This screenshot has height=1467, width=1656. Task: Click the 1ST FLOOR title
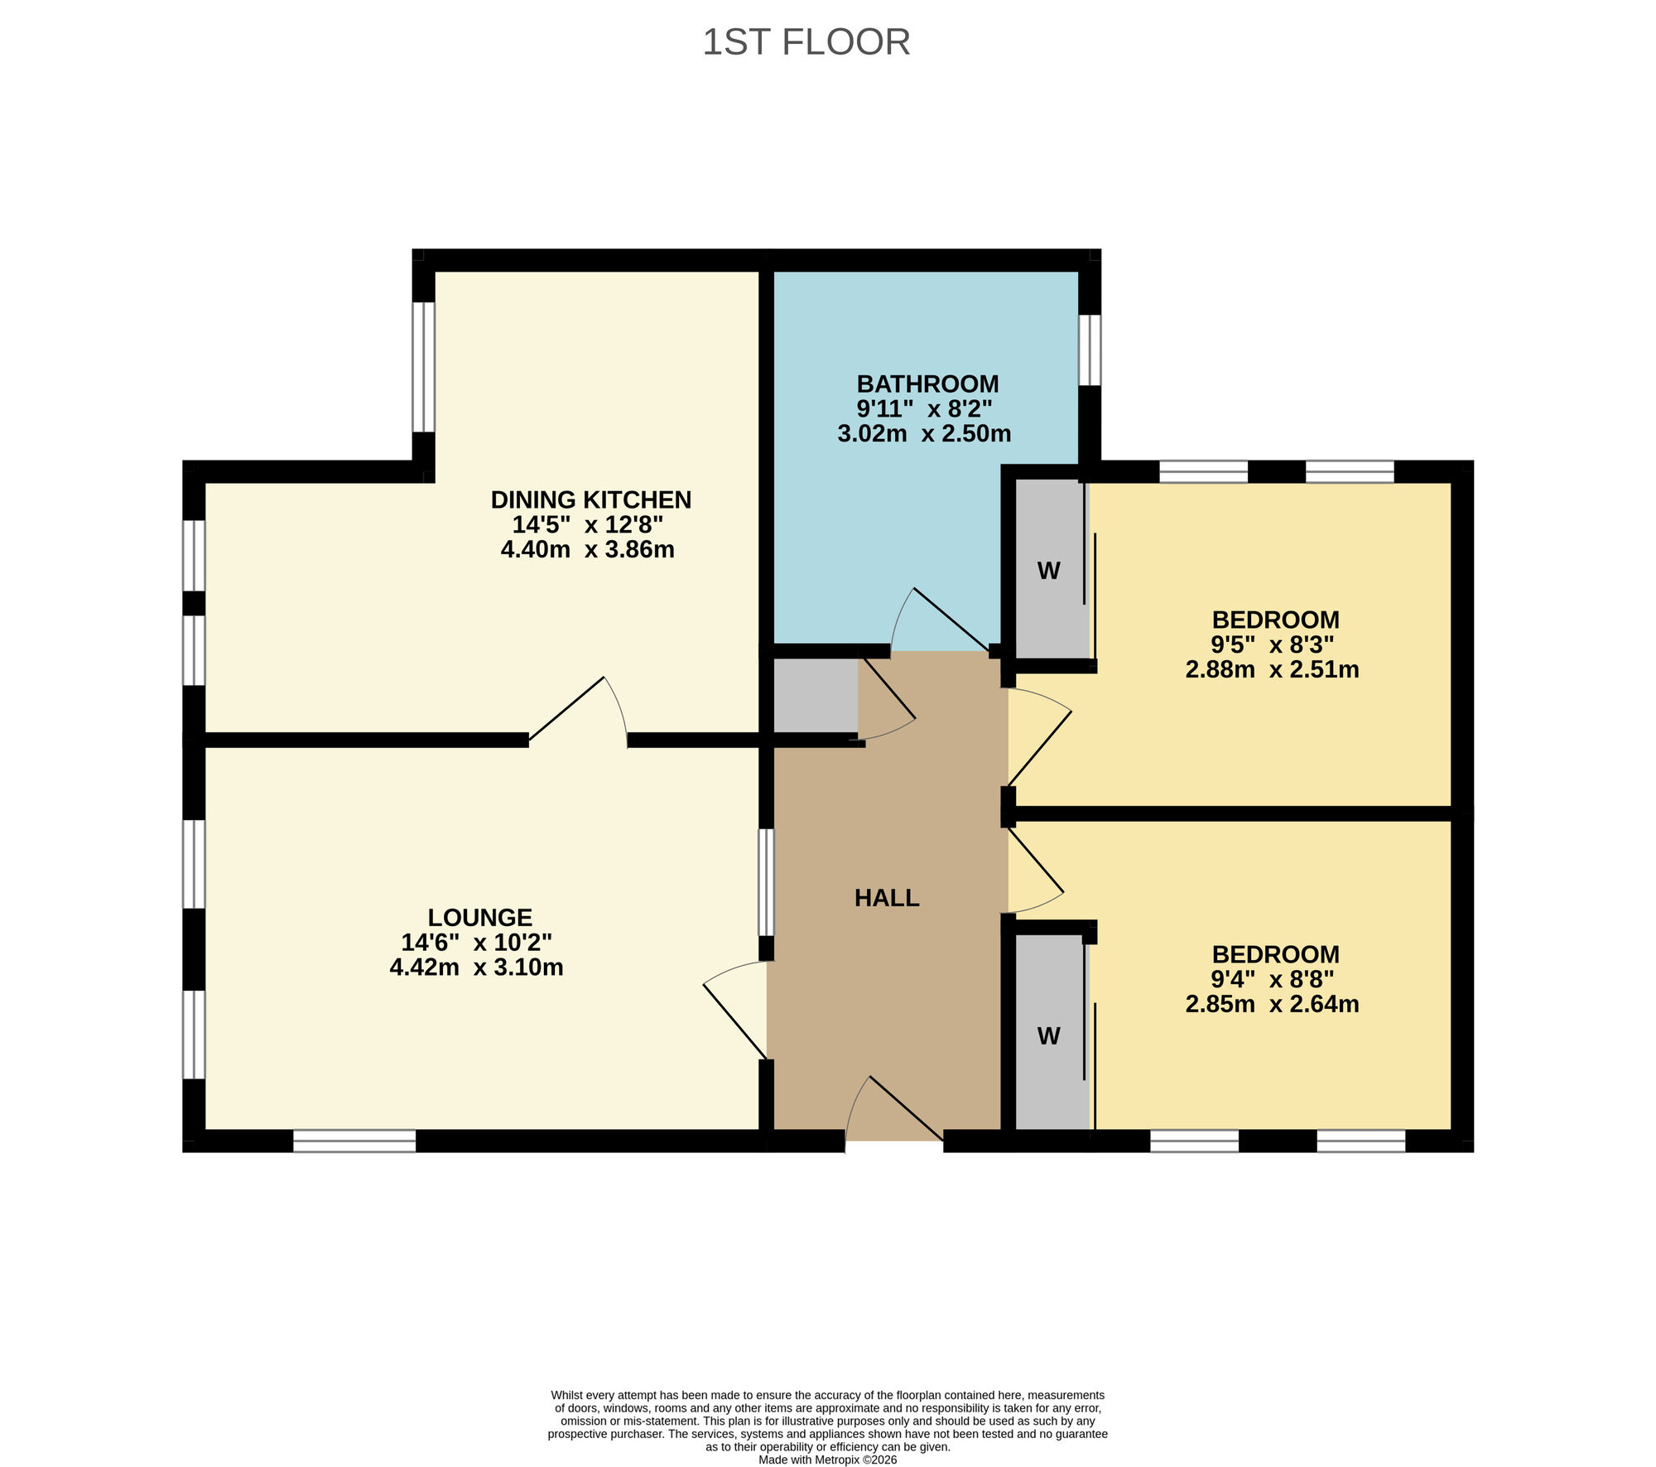pos(806,42)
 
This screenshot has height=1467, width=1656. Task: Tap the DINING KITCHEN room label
pos(590,499)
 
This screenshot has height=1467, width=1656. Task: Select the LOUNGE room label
pos(479,917)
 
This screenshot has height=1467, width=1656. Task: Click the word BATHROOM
pos(927,384)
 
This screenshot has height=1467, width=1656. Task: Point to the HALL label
pos(887,898)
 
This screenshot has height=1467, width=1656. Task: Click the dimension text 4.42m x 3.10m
pos(476,967)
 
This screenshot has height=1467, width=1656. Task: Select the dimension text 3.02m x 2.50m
pos(924,433)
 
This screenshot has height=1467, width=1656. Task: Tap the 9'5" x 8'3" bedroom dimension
pos(1272,644)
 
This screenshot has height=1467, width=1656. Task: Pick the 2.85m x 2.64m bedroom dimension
pos(1272,1004)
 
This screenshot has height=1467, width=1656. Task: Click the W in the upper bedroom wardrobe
pos(1048,571)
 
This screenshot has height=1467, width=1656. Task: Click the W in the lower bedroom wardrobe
pos(1048,1036)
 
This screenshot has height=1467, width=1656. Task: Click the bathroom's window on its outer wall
pos(1090,350)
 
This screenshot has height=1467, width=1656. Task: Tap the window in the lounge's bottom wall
pos(354,1141)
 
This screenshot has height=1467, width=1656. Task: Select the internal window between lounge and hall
pos(767,882)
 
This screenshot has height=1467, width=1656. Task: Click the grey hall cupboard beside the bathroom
pos(815,695)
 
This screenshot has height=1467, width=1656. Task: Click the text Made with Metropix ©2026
pos(827,1460)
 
